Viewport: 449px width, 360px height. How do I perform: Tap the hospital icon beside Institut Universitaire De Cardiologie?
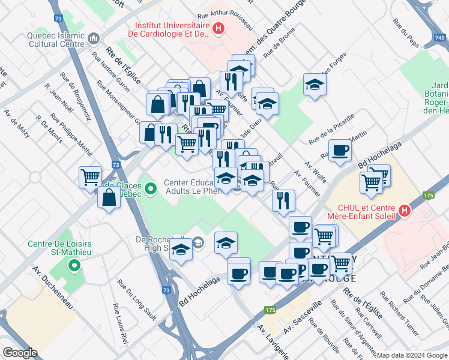click(x=219, y=28)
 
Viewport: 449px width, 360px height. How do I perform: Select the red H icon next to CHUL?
click(x=405, y=211)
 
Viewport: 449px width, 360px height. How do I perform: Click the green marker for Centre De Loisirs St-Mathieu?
click(x=74, y=264)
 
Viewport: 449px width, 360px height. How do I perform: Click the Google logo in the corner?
click(x=20, y=353)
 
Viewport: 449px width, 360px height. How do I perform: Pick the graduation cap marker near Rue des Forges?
click(x=315, y=85)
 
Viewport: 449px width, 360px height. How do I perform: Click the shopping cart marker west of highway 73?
click(x=90, y=177)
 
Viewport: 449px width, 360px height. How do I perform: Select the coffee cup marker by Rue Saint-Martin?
click(x=340, y=151)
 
